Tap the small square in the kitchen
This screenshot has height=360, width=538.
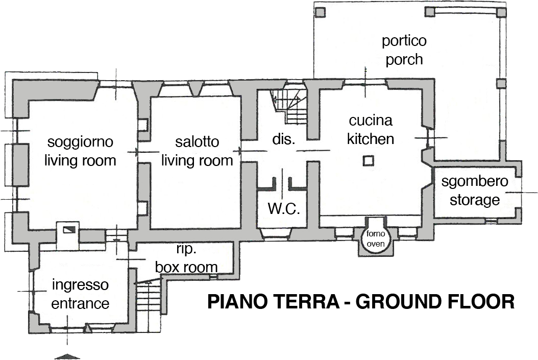(368, 161)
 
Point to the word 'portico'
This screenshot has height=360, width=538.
(404, 41)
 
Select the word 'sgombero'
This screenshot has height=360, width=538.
(475, 182)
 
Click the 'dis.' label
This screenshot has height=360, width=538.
(284, 139)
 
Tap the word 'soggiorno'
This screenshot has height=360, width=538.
(80, 141)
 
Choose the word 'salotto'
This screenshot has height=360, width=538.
(197, 141)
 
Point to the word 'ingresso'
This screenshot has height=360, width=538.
(80, 284)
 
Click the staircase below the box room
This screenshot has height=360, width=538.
(149, 299)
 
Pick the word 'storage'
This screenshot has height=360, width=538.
(475, 200)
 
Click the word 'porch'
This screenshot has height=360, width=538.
(404, 59)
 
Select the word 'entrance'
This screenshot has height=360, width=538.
(80, 303)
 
